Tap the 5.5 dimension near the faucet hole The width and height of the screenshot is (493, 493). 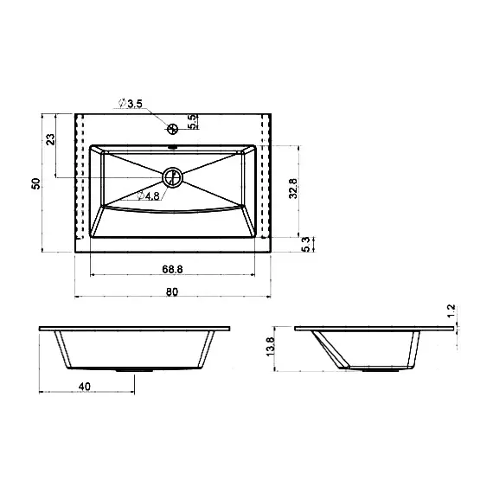pos(192,122)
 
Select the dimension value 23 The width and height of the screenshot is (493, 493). pos(50,139)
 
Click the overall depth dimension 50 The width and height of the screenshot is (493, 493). pos(35,183)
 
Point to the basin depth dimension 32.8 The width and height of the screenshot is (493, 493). pos(293,189)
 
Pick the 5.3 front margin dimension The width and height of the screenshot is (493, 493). pos(305,244)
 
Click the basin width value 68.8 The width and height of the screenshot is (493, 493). pos(172,269)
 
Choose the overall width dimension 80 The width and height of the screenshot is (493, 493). pos(172,292)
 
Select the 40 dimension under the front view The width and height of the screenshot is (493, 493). pos(84,387)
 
